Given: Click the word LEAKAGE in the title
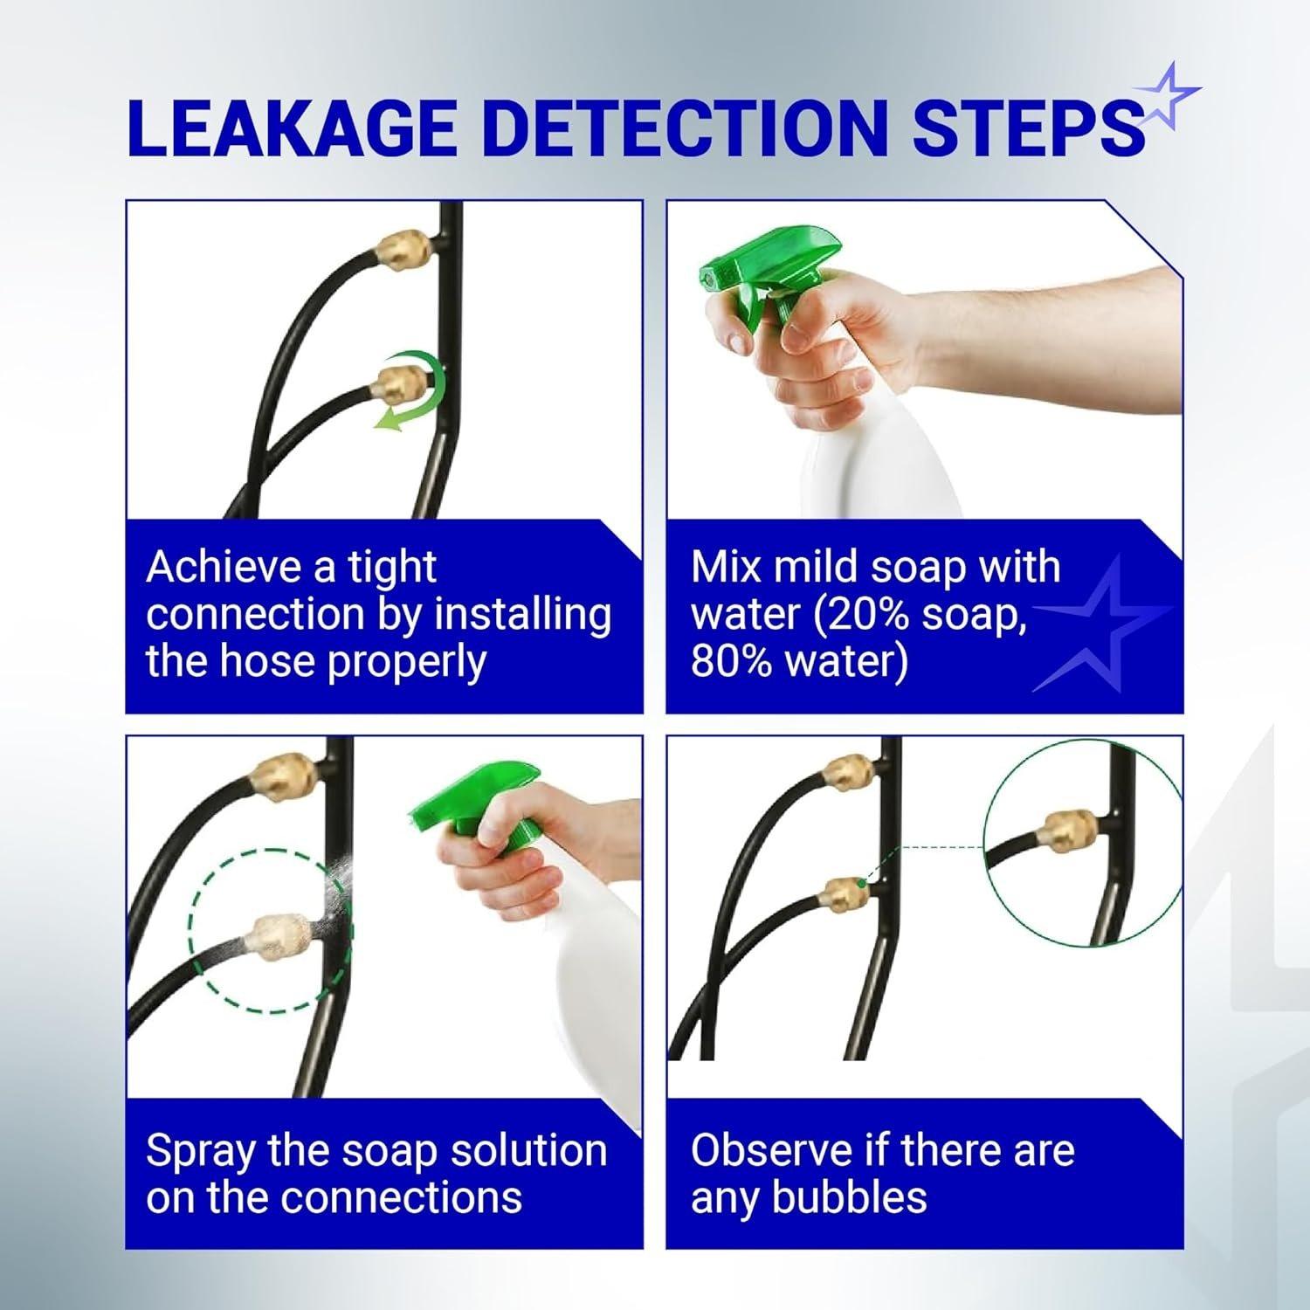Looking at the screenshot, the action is click(x=293, y=129).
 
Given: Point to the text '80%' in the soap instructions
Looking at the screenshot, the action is click(x=731, y=661).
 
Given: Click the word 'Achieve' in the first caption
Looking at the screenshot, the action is click(x=219, y=567).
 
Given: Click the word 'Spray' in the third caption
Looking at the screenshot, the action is click(x=202, y=1151).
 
